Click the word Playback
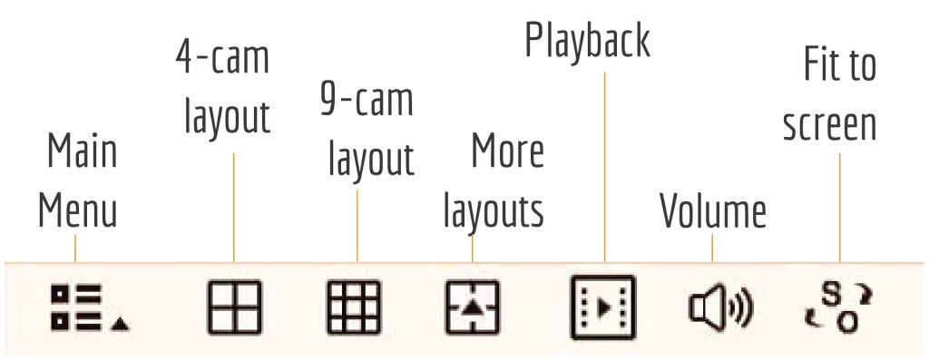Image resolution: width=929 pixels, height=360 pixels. pos(588,41)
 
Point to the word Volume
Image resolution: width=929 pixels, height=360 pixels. pos(712,210)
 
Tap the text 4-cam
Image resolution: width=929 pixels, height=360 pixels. pos(222,59)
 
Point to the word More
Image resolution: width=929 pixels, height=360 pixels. pos(507,152)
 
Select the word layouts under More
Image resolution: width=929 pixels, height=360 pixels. pos(493,210)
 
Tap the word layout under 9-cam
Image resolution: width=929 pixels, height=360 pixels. pos(371,161)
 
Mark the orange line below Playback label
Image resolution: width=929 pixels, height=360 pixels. pos(604,163)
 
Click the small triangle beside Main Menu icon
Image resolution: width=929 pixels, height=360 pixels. pos(122,323)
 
